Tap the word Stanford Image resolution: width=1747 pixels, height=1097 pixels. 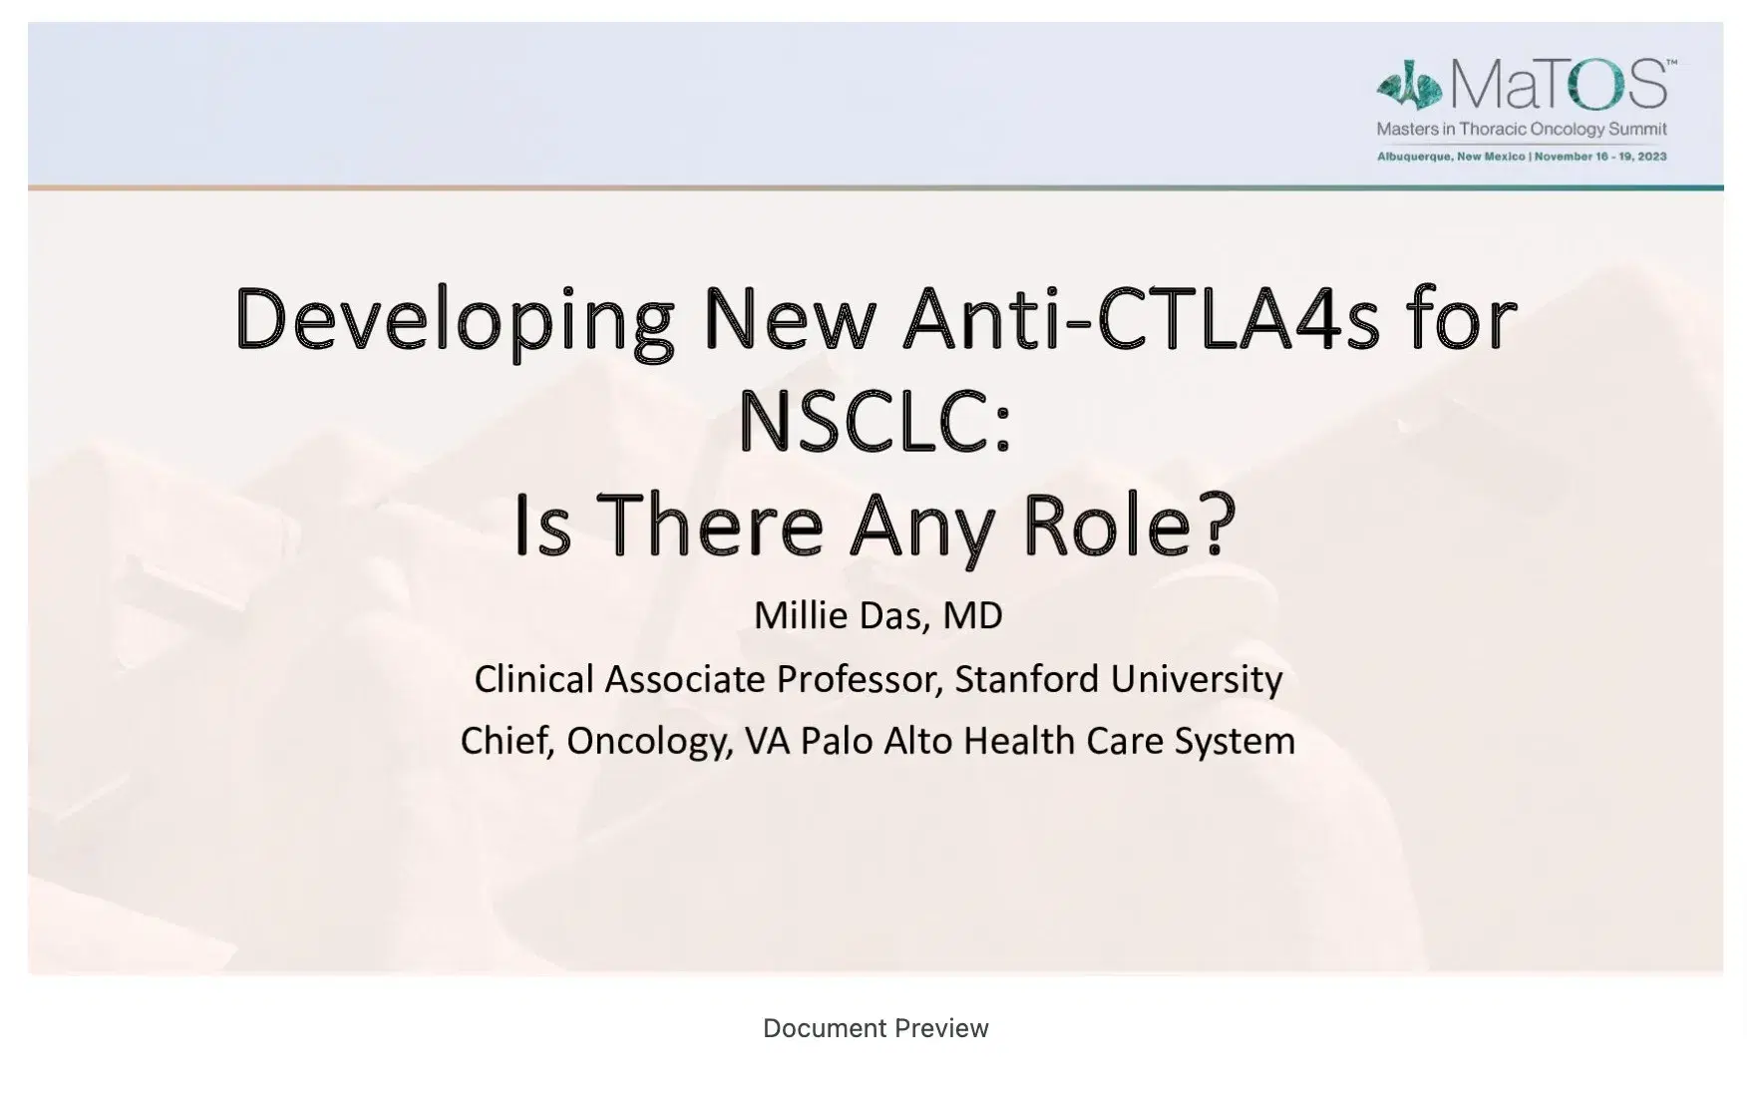1027,679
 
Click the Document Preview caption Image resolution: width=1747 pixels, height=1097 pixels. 875,1028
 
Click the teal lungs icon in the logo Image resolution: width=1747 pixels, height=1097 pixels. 1409,88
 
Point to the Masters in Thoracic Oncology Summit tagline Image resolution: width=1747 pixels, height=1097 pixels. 1522,129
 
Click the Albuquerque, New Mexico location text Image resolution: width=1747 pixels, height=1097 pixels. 1451,157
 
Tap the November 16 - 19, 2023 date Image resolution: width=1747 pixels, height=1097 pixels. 1600,157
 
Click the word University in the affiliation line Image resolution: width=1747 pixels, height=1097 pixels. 1197,679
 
